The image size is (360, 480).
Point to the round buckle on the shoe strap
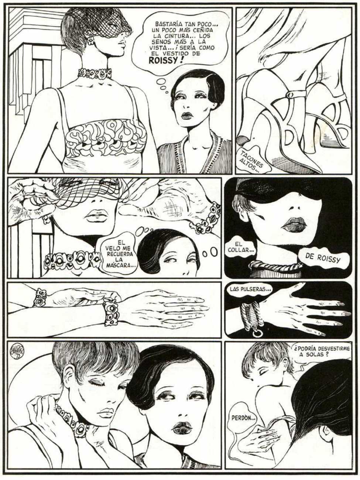290,94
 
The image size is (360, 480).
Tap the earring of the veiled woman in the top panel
90,41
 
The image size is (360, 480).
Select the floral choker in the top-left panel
95,73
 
